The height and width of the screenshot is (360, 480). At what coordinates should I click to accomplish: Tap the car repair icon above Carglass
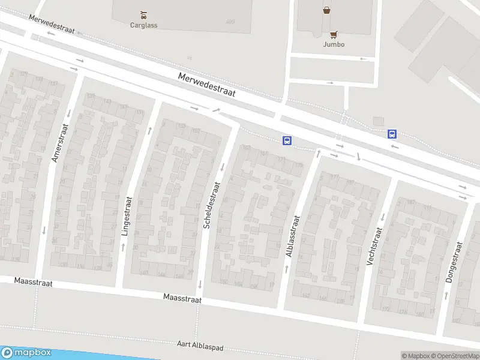(143, 14)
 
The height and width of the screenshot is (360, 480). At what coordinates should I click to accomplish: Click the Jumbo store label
(334, 44)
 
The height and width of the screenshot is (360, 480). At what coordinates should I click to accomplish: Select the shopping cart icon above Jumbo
(334, 34)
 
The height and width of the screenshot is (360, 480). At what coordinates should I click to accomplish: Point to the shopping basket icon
(326, 10)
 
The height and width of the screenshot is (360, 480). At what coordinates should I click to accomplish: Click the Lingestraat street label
(126, 217)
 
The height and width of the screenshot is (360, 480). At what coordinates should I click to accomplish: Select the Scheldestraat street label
(208, 205)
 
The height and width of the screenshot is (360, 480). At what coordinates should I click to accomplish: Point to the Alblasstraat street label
(293, 237)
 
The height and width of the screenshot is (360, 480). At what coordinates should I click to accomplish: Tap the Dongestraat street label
(455, 262)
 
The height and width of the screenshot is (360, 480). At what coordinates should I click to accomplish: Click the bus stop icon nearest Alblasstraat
(287, 141)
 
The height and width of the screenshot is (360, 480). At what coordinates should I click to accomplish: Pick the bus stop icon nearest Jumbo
(392, 134)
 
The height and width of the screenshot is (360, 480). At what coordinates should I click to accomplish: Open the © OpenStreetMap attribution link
(454, 356)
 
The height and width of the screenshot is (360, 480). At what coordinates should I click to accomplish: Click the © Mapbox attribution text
(415, 356)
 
